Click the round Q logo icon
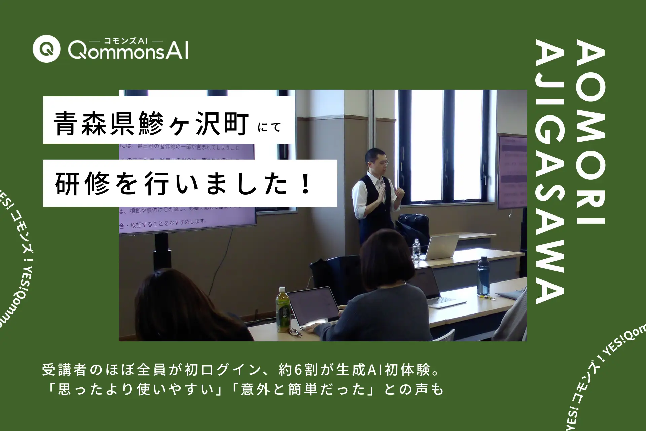click(x=46, y=49)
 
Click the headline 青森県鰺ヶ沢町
click(x=151, y=124)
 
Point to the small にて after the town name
click(x=269, y=127)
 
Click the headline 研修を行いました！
click(x=183, y=184)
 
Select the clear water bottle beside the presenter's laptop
click(x=416, y=251)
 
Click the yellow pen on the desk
click(x=487, y=297)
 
